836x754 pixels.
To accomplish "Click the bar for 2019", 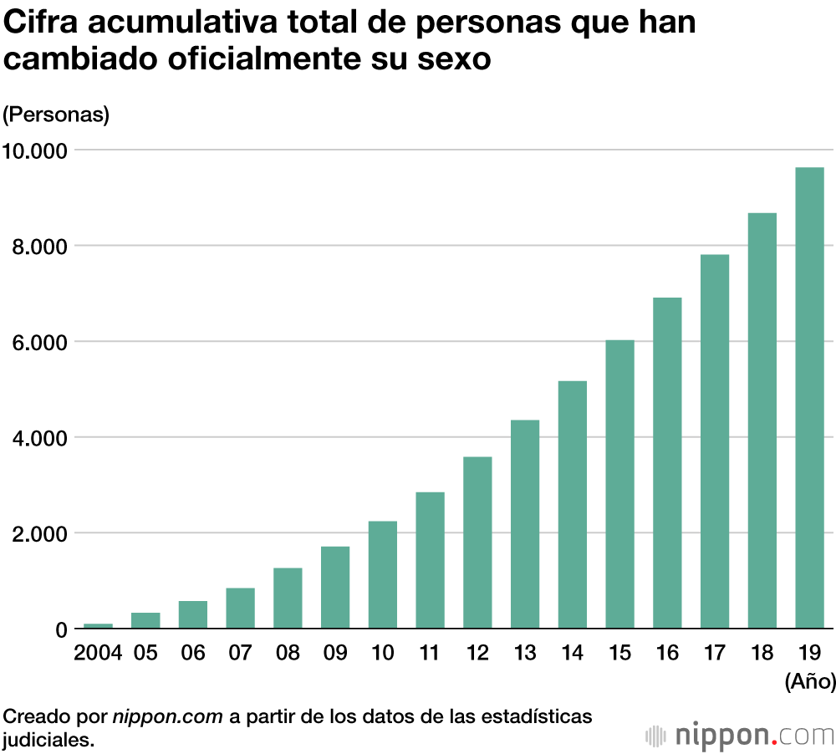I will [x=809, y=398].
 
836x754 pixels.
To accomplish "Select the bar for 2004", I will [x=98, y=626].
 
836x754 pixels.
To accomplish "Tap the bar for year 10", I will [x=383, y=575].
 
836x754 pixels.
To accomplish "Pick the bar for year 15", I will [x=619, y=484].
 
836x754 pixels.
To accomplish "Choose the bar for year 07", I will [x=241, y=609].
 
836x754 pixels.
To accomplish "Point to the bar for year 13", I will [x=525, y=524].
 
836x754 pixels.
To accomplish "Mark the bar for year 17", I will [x=715, y=441].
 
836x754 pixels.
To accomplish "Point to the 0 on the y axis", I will [x=60, y=629].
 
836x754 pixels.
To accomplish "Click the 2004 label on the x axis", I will [x=98, y=654].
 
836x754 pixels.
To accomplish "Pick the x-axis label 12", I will [x=477, y=654].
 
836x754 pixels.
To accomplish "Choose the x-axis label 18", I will [x=762, y=654].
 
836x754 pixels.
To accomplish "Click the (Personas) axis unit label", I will [x=56, y=115].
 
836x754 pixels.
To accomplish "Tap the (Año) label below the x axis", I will [x=810, y=682].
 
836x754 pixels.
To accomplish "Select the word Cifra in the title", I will [x=43, y=23].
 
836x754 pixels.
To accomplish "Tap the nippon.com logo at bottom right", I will [x=740, y=736].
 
